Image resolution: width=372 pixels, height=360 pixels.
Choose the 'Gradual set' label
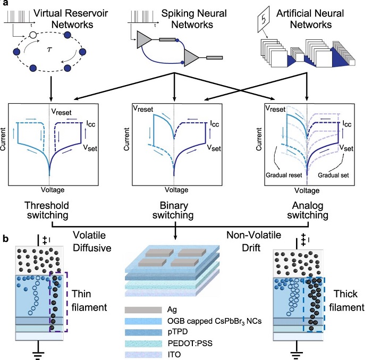332,174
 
